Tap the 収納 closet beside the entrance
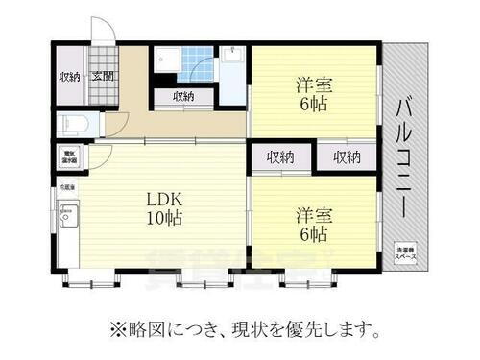tap(69, 77)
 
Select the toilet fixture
tap(73, 123)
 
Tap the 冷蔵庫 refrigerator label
tap(67, 188)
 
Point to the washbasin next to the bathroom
tap(233, 65)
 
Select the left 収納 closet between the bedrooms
tap(280, 156)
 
